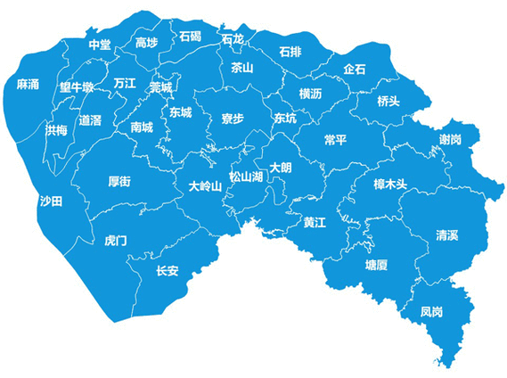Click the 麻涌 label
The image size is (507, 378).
pyautogui.click(x=28, y=85)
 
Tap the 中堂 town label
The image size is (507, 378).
pyautogui.click(x=100, y=45)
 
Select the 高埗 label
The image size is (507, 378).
pyautogui.click(x=146, y=43)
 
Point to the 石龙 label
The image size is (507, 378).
pyautogui.click(x=233, y=39)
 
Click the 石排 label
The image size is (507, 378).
pyautogui.click(x=290, y=51)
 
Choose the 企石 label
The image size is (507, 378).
pyautogui.click(x=354, y=70)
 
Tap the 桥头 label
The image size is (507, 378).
pyautogui.click(x=388, y=101)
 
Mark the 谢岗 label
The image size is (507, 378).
pyautogui.click(x=450, y=140)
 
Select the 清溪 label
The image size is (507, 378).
pyautogui.click(x=446, y=235)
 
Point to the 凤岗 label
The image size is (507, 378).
pyautogui.click(x=431, y=312)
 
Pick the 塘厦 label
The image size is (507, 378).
pyautogui.click(x=376, y=265)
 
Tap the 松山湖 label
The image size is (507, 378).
pyautogui.click(x=246, y=176)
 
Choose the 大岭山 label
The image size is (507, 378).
pyautogui.click(x=205, y=186)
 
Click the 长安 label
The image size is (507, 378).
pyautogui.click(x=168, y=271)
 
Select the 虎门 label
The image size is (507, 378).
pyautogui.click(x=116, y=241)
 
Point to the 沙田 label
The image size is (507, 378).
pyautogui.click(x=51, y=201)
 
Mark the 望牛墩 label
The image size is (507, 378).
pyautogui.click(x=77, y=87)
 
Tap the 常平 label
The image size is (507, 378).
pyautogui.click(x=336, y=140)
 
